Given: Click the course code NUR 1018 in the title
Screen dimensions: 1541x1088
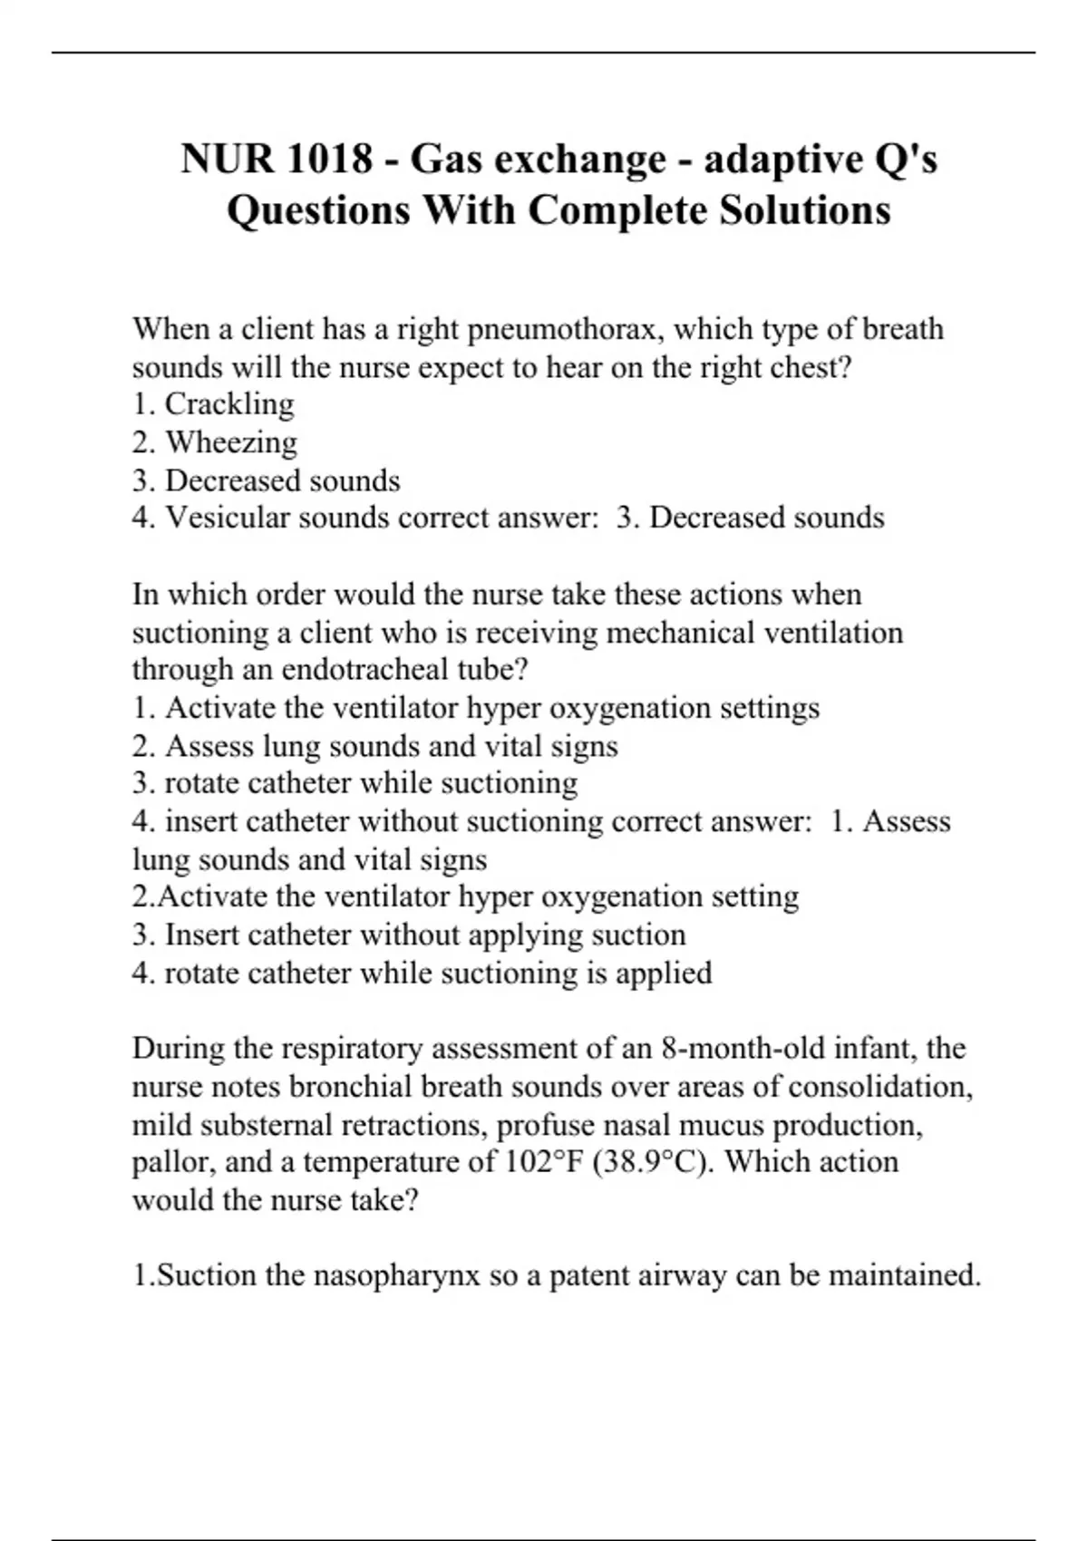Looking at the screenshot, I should [x=277, y=160].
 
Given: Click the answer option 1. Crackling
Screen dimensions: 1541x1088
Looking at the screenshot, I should [x=213, y=404].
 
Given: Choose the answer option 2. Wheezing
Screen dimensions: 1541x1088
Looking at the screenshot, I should [x=215, y=442].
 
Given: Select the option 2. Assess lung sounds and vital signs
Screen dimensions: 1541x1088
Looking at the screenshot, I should [x=374, y=746].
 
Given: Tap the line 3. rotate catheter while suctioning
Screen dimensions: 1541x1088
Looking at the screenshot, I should [x=355, y=783].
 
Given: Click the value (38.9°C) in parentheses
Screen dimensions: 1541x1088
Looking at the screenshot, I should [x=654, y=1162].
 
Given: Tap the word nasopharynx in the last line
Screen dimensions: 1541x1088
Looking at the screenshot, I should [x=396, y=1275].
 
